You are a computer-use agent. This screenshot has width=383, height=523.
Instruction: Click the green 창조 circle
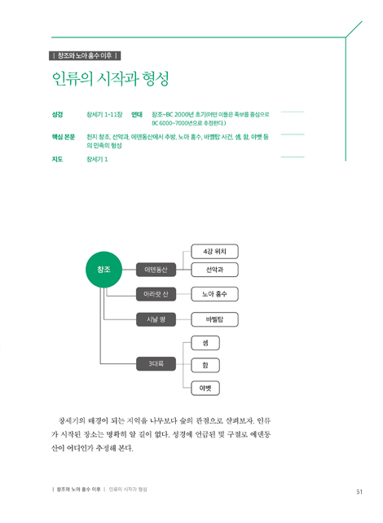pyautogui.click(x=103, y=270)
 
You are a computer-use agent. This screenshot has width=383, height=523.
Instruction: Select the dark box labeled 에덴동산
pyautogui.click(x=156, y=270)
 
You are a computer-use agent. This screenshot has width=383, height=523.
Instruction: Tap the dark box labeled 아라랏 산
pyautogui.click(x=156, y=294)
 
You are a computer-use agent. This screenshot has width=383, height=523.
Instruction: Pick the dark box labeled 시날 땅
pyautogui.click(x=156, y=319)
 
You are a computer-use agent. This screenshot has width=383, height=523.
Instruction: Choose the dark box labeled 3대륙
pyautogui.click(x=156, y=363)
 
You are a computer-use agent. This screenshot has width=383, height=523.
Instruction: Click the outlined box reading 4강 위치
pyautogui.click(x=214, y=252)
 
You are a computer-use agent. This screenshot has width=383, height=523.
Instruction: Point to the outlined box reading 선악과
pyautogui.click(x=214, y=270)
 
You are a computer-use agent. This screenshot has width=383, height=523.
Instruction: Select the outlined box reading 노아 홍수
pyautogui.click(x=214, y=294)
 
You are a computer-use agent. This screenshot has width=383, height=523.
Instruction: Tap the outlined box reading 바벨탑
pyautogui.click(x=214, y=319)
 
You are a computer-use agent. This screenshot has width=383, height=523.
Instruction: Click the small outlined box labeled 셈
pyautogui.click(x=205, y=343)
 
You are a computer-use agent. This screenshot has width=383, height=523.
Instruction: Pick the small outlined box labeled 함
pyautogui.click(x=205, y=365)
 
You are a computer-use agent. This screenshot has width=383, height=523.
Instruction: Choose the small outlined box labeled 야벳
pyautogui.click(x=205, y=389)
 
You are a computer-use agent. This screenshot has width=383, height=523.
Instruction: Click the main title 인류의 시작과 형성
pyautogui.click(x=111, y=79)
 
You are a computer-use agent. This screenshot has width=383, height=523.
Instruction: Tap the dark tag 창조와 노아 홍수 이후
pyautogui.click(x=85, y=55)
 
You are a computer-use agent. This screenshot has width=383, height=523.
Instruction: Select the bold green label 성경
pyautogui.click(x=57, y=114)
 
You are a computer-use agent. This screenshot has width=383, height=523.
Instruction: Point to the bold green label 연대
pyautogui.click(x=137, y=114)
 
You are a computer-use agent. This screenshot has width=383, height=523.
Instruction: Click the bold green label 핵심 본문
pyautogui.click(x=64, y=137)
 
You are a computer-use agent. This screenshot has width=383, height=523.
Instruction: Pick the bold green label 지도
pyautogui.click(x=57, y=159)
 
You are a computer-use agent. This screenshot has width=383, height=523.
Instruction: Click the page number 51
pyautogui.click(x=359, y=492)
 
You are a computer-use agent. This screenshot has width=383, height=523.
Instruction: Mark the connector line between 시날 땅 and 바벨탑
pyautogui.click(x=183, y=319)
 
